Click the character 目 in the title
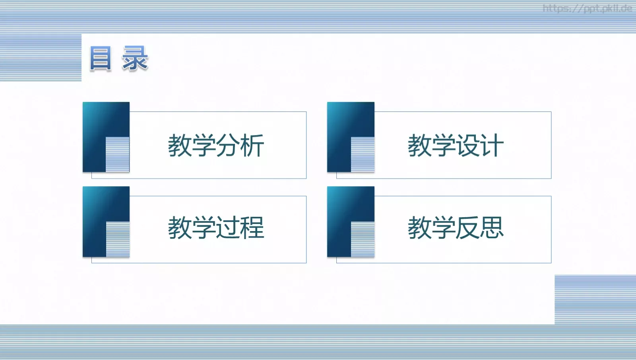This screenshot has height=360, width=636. point(100,58)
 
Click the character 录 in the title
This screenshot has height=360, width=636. point(135,58)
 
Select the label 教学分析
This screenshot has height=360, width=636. point(216,146)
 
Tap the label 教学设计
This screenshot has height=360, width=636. point(456,146)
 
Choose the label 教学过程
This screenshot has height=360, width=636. point(216,228)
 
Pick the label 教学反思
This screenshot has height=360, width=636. point(456,228)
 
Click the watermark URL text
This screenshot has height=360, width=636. point(587,8)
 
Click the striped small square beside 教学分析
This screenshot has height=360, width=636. point(118,154)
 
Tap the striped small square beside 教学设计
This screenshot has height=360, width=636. point(363,154)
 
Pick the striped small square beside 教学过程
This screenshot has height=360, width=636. point(118,239)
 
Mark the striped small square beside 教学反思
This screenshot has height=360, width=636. point(363,239)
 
